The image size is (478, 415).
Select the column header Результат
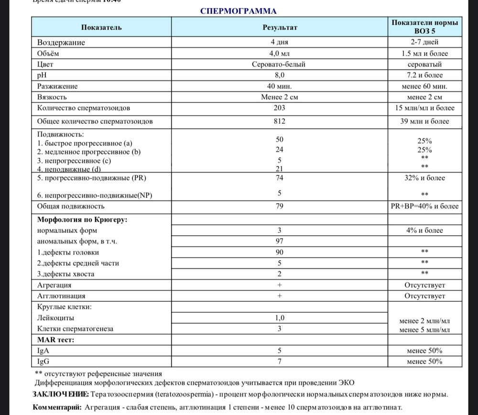[x=280, y=27]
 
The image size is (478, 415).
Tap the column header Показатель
[x=101, y=27]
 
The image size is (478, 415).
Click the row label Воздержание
[x=61, y=42]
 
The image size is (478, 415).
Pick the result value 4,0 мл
[x=280, y=53]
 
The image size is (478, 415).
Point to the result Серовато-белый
[x=280, y=64]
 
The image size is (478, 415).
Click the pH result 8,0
[x=280, y=75]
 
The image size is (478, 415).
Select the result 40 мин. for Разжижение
[x=280, y=86]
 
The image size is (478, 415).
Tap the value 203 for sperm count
[x=280, y=108]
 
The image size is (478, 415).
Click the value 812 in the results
[x=280, y=121]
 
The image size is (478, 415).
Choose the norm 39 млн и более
[x=425, y=121]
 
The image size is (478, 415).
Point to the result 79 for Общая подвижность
[x=280, y=207]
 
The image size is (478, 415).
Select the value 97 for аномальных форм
[x=280, y=241]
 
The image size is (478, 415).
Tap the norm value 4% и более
[x=425, y=230]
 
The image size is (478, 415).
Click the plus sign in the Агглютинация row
[x=280, y=296]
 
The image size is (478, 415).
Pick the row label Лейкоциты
[x=55, y=317]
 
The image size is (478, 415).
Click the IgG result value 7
[x=280, y=361]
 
